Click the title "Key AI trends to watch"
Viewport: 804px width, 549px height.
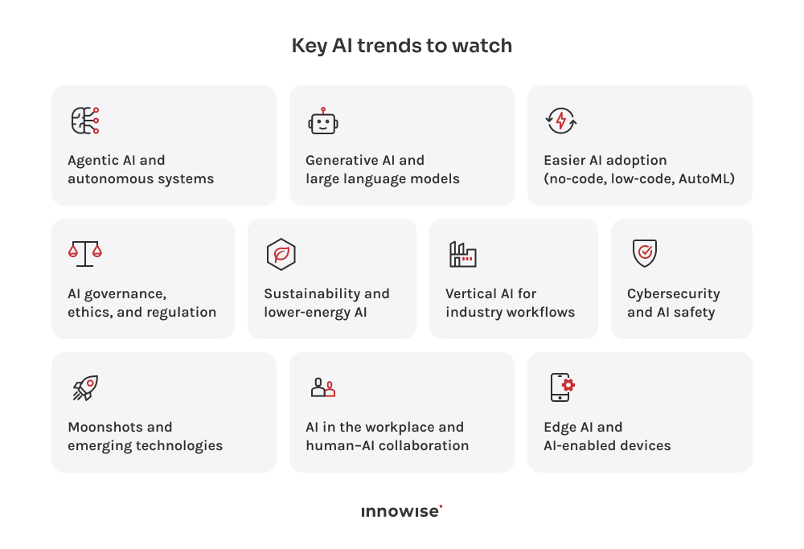click(401, 46)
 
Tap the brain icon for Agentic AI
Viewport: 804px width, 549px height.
click(84, 121)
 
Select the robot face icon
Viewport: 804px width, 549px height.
click(322, 121)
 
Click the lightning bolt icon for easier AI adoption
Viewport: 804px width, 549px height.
click(561, 121)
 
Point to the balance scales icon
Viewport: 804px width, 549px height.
click(84, 253)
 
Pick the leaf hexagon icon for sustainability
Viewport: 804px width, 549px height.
click(281, 254)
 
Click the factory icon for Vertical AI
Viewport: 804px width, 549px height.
click(462, 254)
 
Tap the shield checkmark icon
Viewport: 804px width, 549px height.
click(644, 253)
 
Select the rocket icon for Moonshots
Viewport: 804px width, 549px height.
click(84, 387)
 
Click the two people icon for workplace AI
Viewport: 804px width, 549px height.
click(322, 387)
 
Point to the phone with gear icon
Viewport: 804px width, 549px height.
click(561, 387)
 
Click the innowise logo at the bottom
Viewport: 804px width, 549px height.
click(401, 511)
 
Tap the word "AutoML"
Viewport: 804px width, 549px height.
click(707, 178)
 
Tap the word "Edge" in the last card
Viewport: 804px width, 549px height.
click(560, 427)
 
